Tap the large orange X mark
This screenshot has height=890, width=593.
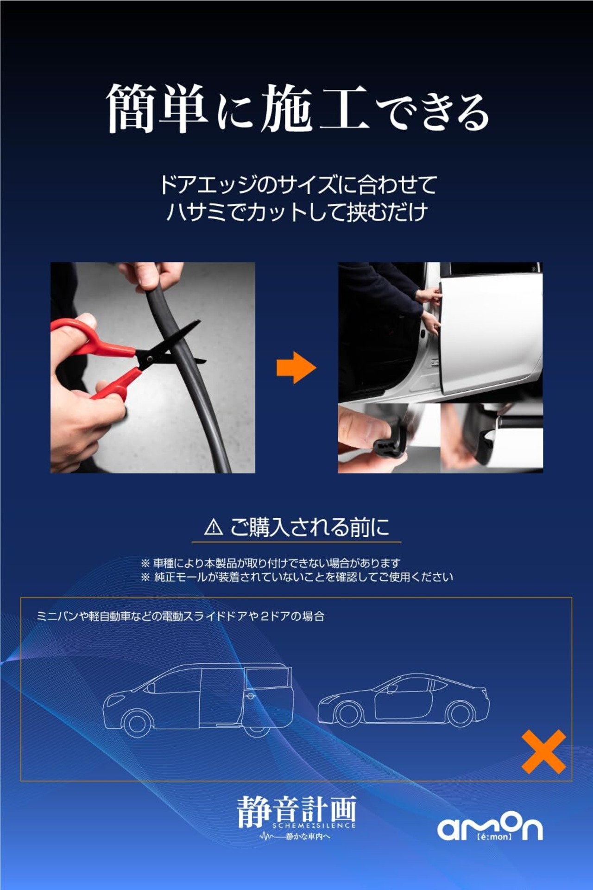544,751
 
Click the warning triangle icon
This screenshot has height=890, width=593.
214,527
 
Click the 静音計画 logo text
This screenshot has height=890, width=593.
296,811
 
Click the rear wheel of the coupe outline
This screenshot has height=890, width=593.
461,713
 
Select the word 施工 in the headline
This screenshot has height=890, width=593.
315,108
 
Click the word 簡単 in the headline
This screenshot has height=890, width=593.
157,108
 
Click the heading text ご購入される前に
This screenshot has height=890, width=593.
310,527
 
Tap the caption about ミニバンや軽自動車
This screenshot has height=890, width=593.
180,616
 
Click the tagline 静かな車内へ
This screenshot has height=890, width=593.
308,836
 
